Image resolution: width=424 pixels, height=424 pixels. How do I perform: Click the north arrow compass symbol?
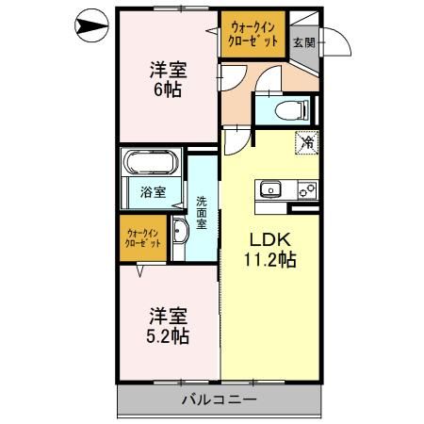(91, 25)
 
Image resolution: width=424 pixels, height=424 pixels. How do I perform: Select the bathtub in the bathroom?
(151, 162)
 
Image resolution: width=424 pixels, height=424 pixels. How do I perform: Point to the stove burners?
(307, 190)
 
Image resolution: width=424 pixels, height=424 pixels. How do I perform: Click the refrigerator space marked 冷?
(307, 143)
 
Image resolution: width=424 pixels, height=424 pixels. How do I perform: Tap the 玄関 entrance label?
(303, 42)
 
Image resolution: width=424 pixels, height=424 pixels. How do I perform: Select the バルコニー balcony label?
(220, 400)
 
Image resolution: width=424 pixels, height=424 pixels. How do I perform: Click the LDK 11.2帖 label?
(270, 250)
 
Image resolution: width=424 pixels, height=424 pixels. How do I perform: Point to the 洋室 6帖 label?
(169, 79)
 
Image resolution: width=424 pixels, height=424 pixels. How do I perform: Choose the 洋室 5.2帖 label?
(169, 325)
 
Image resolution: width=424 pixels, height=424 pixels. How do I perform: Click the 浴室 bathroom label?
(154, 192)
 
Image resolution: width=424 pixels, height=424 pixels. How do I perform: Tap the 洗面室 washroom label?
(202, 213)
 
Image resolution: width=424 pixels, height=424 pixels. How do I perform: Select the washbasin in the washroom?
(180, 230)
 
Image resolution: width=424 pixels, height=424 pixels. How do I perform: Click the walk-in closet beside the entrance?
(253, 34)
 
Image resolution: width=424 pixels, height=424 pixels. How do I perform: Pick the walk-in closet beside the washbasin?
(143, 238)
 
